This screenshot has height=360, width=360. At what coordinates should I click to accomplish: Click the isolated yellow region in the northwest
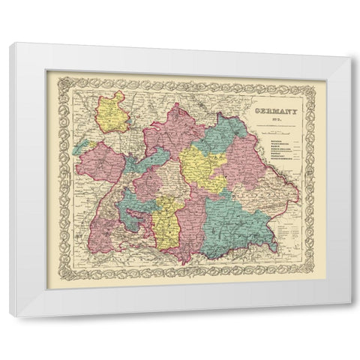click(115, 112)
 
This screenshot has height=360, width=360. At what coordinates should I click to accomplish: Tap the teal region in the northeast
click(225, 131)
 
